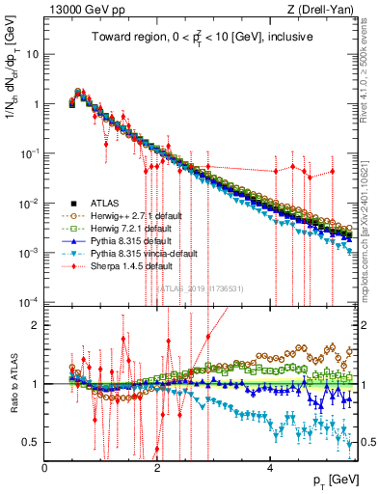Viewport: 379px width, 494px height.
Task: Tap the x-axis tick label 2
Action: click(x=157, y=468)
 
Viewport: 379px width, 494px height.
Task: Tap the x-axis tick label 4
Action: click(x=270, y=468)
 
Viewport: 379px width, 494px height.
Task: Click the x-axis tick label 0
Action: click(x=44, y=468)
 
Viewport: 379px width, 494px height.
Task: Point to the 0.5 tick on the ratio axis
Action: click(x=32, y=442)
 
